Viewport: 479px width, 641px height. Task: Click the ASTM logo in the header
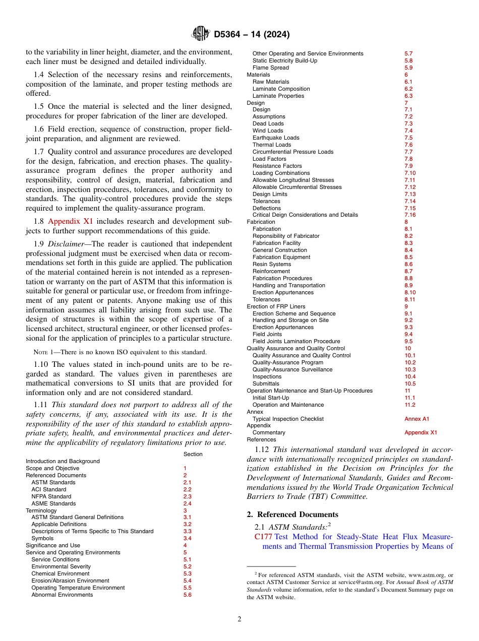point(201,34)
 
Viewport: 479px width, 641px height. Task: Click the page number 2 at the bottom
point(239,619)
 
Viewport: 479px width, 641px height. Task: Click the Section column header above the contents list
point(193,454)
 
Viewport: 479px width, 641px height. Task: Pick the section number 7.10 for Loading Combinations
point(410,173)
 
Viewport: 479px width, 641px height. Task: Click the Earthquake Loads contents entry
point(276,138)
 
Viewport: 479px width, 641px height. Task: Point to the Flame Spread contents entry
point(271,68)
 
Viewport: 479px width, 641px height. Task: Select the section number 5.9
point(408,68)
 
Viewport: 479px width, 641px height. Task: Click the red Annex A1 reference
point(417,419)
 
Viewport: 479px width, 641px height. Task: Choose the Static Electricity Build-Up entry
point(285,60)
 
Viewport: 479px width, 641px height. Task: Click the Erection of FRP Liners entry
point(276,306)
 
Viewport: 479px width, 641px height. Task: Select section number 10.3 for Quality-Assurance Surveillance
point(410,369)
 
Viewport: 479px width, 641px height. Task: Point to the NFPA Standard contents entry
point(51,496)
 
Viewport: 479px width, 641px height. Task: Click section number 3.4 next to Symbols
point(188,538)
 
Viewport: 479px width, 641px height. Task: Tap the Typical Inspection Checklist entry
point(288,419)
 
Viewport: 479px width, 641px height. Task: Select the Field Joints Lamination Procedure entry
point(296,341)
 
